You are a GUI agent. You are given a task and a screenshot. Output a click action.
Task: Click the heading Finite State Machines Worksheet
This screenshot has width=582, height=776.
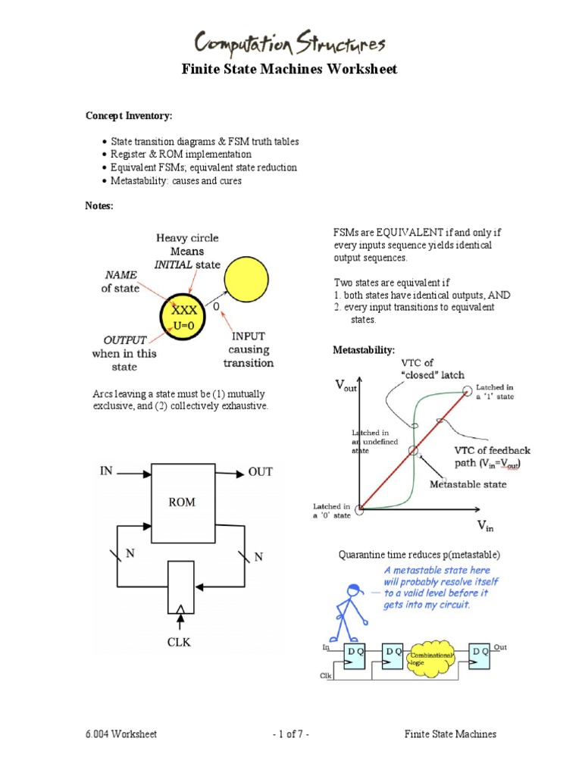289,70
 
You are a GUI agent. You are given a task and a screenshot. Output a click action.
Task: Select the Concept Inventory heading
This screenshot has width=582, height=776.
128,115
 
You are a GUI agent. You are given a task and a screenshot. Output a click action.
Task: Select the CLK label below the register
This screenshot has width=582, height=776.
180,643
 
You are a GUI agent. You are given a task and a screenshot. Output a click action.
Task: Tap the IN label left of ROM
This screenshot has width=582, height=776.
106,471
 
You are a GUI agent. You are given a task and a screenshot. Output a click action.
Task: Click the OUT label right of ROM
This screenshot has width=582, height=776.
260,471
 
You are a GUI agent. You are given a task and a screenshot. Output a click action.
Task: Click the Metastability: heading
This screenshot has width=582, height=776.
364,350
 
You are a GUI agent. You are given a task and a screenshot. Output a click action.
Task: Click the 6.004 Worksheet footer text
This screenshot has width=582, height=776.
120,734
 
